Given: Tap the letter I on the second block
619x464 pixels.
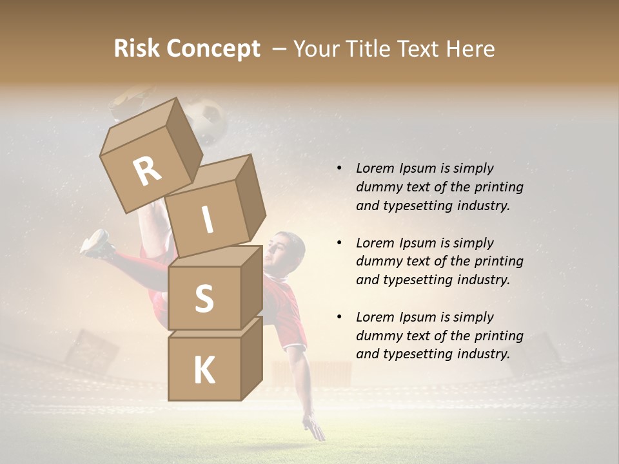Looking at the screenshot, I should click(x=207, y=220).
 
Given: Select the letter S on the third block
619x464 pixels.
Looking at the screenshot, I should click(x=204, y=298).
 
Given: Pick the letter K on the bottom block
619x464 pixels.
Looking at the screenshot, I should click(x=204, y=371).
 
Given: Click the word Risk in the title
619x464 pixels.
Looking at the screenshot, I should click(x=136, y=49).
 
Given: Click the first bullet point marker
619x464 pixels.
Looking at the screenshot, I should click(x=339, y=168).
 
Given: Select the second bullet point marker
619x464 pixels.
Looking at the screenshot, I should click(x=339, y=243).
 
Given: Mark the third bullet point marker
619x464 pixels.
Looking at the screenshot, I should click(x=339, y=317).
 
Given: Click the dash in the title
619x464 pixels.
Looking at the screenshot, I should click(x=280, y=50).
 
